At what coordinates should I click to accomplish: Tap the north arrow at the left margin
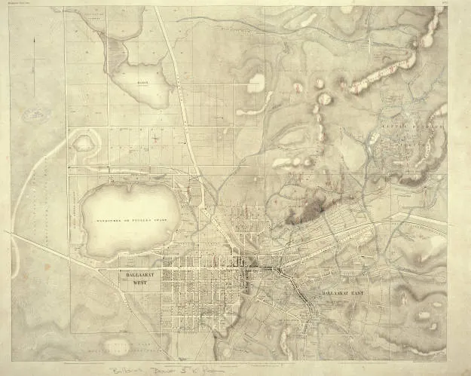click(33, 68)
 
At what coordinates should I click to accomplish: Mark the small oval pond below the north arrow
click(33, 115)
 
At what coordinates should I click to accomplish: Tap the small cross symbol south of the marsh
click(155, 137)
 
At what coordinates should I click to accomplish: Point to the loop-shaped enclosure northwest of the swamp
click(84, 141)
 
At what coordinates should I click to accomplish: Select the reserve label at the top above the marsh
click(93, 17)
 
